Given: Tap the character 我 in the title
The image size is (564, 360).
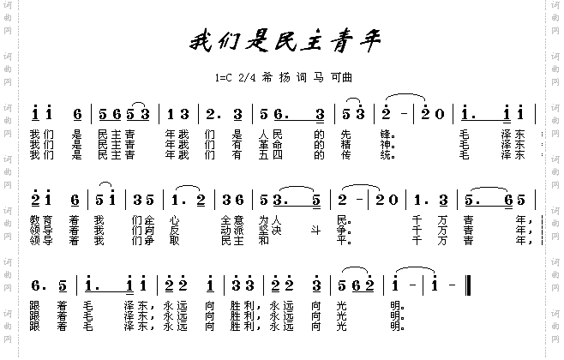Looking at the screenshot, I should point(201,40).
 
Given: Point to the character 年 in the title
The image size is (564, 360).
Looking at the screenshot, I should point(363,40).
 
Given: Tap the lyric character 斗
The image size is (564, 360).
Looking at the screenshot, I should point(301,231).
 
